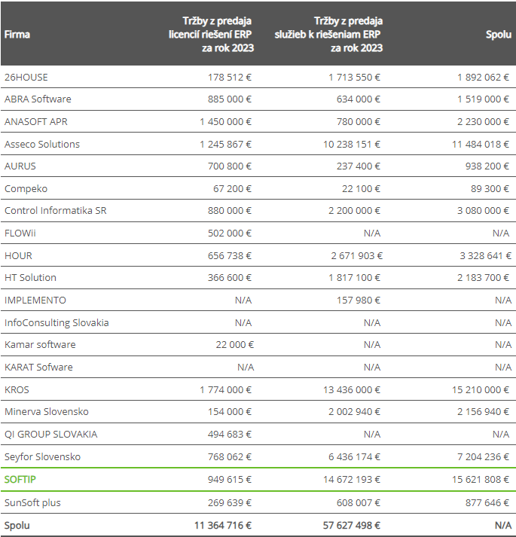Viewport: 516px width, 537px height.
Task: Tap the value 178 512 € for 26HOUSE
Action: pyautogui.click(x=230, y=77)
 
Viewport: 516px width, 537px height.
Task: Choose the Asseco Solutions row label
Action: pyautogui.click(x=42, y=144)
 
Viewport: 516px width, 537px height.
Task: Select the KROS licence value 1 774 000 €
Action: pyautogui.click(x=225, y=389)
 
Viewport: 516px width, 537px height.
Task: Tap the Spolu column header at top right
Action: pyautogui.click(x=499, y=35)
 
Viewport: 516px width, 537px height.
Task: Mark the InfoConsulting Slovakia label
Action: pyautogui.click(x=56, y=322)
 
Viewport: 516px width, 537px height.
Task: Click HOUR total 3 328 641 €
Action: pyautogui.click(x=484, y=255)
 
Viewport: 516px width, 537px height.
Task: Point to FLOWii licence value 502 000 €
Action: pyautogui.click(x=230, y=233)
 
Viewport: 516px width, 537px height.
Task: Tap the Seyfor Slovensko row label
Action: pyautogui.click(x=42, y=456)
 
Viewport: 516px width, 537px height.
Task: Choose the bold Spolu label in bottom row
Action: pyautogui.click(x=17, y=526)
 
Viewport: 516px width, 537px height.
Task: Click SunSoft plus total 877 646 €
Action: pyautogui.click(x=487, y=502)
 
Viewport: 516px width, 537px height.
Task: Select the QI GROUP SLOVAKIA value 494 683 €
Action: pyautogui.click(x=230, y=434)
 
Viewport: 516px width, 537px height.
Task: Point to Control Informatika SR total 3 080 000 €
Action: pyautogui.click(x=484, y=211)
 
